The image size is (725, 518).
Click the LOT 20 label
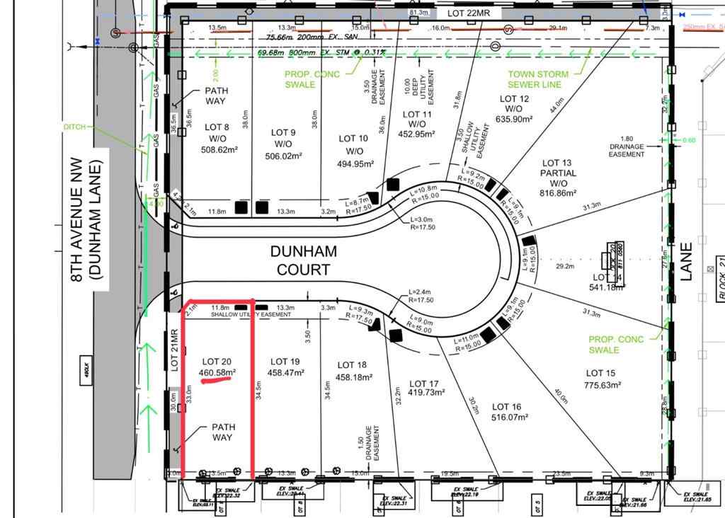217,361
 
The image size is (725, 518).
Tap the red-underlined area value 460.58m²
217,372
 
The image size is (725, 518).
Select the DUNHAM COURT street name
303,260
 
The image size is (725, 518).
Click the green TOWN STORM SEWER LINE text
538,79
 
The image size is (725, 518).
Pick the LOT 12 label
514,99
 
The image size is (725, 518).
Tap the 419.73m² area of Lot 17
425,393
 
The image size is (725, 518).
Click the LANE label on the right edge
685,262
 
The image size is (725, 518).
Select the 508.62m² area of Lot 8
217,149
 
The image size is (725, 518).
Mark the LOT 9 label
283,132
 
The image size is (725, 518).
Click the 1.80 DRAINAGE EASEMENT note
627,146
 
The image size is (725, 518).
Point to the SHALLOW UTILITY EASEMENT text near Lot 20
251,314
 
